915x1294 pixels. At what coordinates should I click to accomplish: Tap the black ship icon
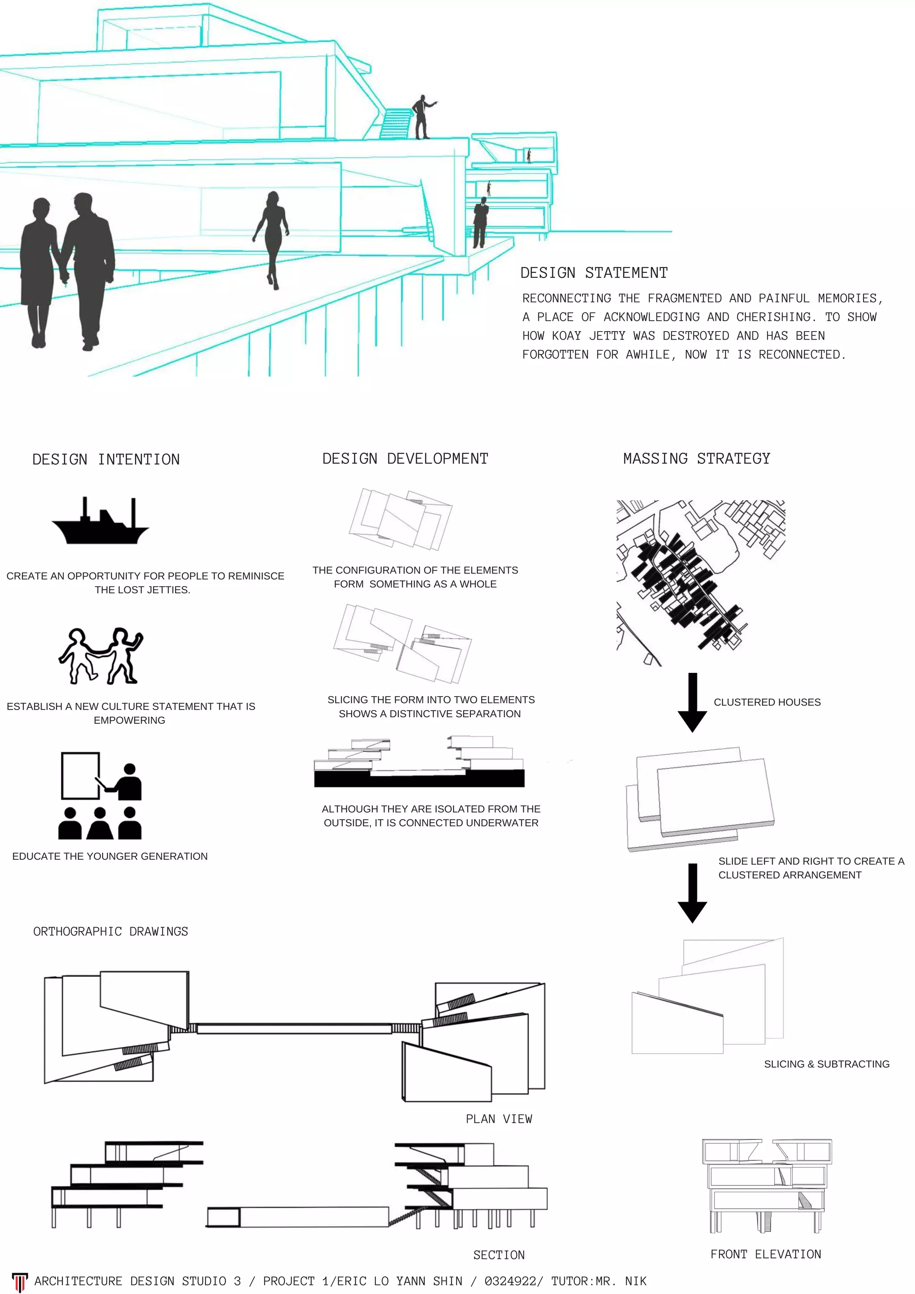click(x=100, y=521)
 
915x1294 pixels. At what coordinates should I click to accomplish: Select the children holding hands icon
click(x=101, y=655)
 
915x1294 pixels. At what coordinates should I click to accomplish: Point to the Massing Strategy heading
click(x=697, y=459)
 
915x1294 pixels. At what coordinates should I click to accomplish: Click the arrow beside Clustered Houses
click(x=693, y=702)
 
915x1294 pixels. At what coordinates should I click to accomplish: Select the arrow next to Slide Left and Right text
click(x=693, y=893)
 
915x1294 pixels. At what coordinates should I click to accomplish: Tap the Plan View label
click(x=499, y=1119)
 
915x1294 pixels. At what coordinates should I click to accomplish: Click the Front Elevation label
click(x=765, y=1254)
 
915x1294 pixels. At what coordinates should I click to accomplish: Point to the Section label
click(x=499, y=1255)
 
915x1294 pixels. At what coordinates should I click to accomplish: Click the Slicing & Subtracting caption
click(x=827, y=1064)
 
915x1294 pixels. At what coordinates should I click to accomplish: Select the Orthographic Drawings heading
click(x=110, y=932)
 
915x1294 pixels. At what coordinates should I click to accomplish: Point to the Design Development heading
click(x=405, y=459)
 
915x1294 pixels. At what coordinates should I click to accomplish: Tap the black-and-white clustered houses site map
click(x=701, y=583)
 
